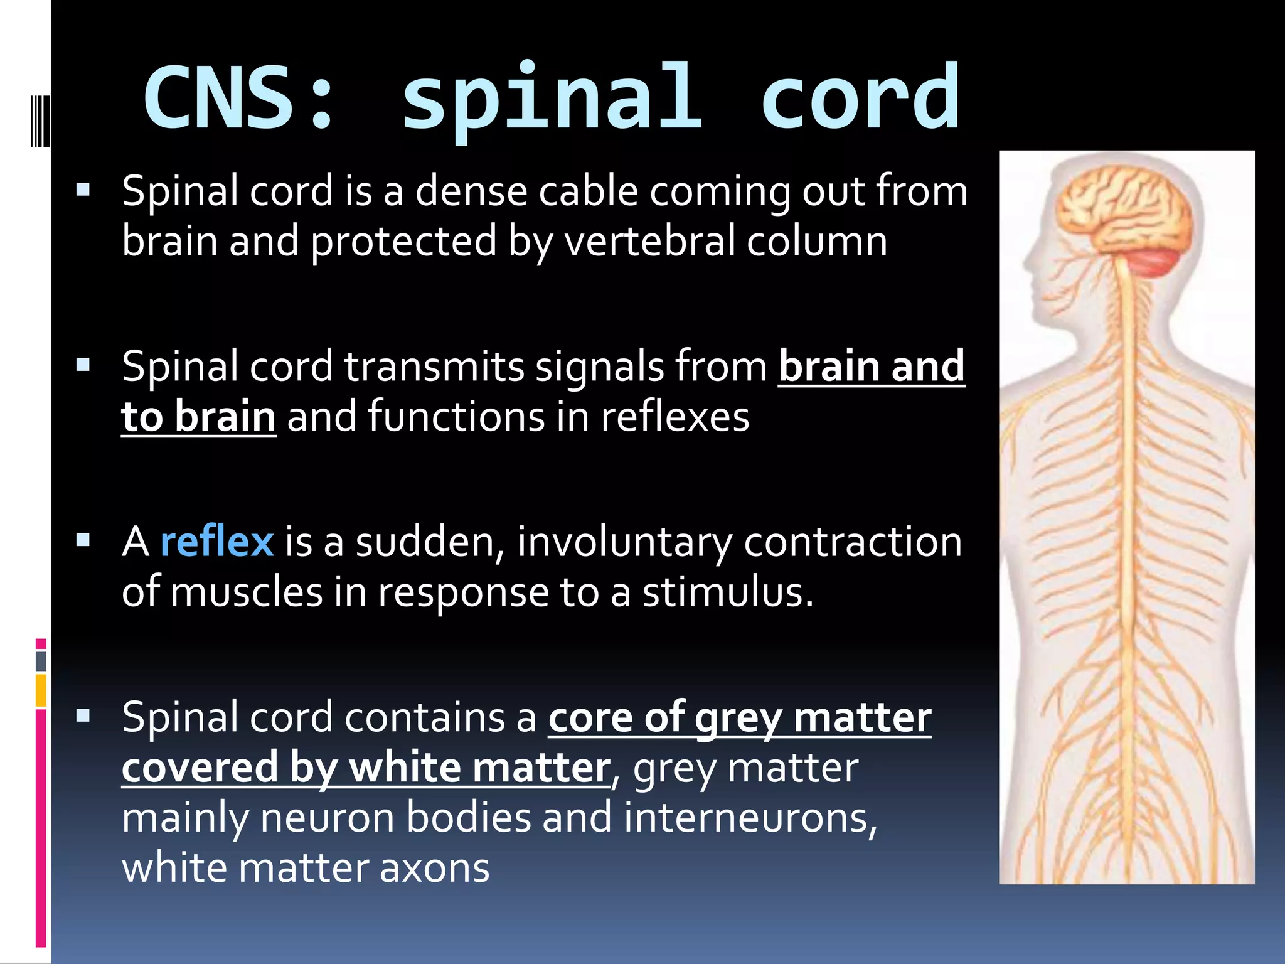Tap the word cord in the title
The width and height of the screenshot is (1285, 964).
(860, 97)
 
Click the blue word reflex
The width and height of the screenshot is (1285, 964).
(216, 542)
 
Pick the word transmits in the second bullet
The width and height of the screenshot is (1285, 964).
(434, 367)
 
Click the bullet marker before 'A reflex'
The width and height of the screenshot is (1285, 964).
(83, 540)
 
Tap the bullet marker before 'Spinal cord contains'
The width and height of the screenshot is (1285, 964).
(83, 715)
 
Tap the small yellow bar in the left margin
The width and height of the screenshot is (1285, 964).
(41, 690)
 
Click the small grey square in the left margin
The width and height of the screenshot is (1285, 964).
(41, 661)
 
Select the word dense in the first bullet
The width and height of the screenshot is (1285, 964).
(471, 191)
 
